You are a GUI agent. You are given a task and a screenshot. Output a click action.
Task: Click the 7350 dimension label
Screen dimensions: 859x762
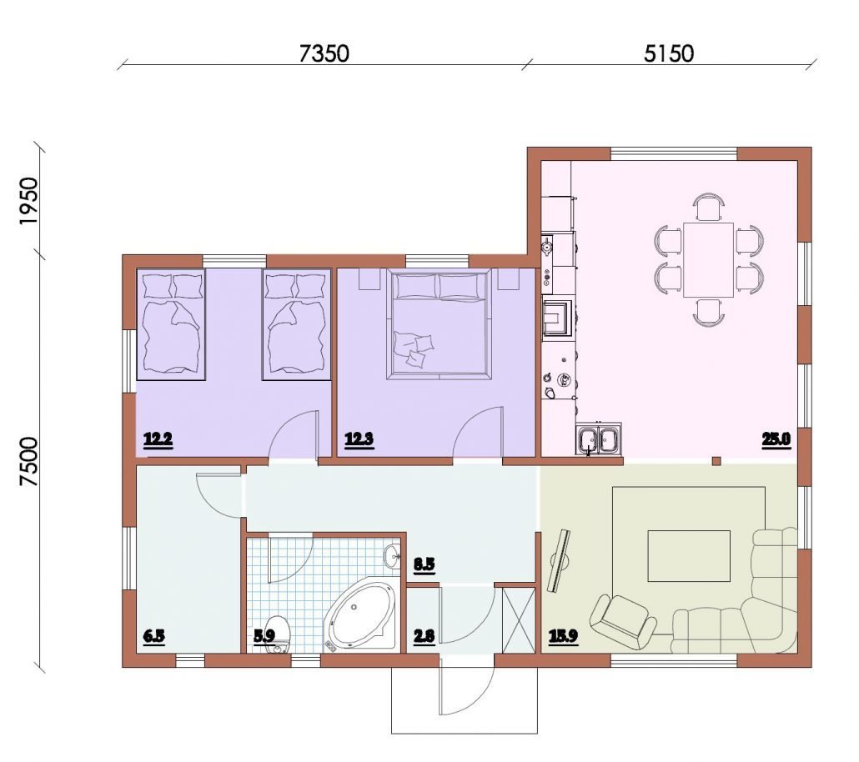324,53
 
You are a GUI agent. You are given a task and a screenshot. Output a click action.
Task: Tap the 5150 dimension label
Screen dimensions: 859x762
668,53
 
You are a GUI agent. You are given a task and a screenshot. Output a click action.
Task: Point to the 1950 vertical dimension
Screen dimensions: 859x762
28,200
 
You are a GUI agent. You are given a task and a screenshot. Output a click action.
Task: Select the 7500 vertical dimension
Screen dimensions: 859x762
28,461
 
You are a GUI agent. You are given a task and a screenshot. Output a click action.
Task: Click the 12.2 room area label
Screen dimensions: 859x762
158,439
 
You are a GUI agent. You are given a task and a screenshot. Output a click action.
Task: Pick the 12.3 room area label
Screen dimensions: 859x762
359,439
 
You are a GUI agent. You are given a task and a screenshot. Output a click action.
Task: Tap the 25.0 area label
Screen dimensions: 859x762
776,439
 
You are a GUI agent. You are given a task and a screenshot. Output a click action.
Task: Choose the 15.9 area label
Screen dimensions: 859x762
563,637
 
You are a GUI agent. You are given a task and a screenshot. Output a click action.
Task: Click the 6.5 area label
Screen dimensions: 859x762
154,637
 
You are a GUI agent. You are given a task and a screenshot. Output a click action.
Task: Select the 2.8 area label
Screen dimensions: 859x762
424,637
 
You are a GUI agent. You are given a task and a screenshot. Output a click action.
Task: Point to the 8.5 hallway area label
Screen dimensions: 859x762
424,564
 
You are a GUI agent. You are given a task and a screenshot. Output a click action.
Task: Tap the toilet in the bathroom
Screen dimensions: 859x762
277,634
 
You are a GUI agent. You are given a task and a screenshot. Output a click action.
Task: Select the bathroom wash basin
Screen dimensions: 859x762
392,557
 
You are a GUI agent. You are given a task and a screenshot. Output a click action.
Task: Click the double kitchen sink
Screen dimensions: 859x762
598,439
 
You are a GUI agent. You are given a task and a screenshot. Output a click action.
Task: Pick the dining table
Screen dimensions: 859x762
708,259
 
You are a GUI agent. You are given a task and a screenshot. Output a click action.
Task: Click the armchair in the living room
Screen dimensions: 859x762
623,622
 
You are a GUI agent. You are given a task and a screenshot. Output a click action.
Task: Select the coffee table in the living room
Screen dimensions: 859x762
689,555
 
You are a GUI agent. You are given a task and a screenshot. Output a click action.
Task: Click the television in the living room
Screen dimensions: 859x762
559,560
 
